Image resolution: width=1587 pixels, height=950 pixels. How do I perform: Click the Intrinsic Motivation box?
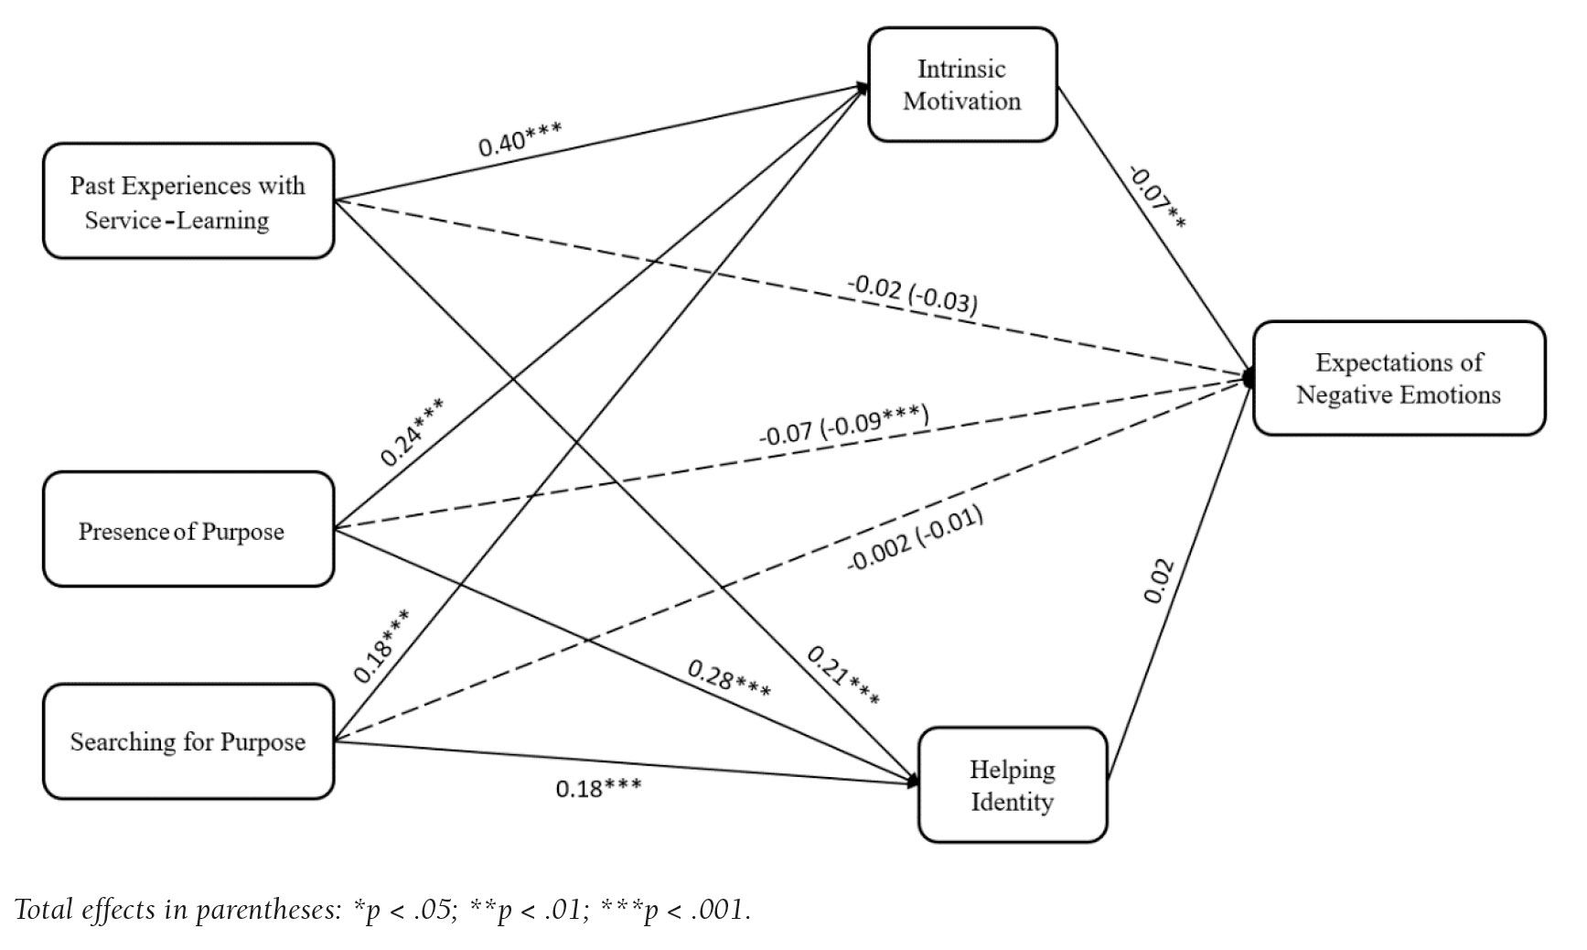962,85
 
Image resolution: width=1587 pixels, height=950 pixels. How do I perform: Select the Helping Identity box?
1013,785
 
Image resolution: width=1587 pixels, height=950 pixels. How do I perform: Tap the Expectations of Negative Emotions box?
1399,378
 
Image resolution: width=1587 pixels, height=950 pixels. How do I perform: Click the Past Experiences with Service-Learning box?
188,201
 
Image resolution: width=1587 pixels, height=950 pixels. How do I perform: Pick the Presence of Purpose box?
188,530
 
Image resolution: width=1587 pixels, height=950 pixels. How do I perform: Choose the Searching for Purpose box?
188,741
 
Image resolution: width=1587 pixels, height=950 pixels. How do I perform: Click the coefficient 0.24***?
413,432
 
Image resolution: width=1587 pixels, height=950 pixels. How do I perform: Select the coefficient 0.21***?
842,676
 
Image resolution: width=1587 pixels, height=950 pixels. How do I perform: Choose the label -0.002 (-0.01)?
915,539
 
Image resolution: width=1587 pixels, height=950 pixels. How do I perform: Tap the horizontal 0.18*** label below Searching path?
598,786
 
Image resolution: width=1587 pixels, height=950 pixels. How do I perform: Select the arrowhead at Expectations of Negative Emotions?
1249,377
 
